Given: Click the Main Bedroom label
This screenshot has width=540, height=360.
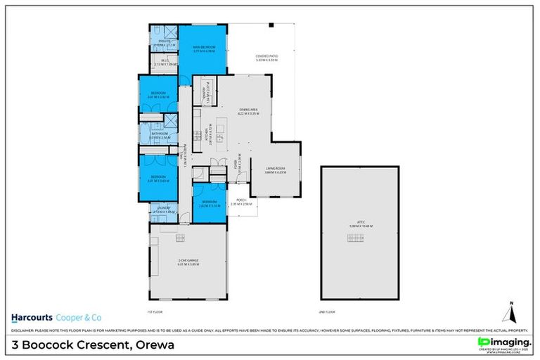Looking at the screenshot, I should pos(203,49).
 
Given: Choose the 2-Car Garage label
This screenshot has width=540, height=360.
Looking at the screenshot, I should pos(188,262).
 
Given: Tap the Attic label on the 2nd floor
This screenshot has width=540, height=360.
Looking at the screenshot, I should pos(361,224).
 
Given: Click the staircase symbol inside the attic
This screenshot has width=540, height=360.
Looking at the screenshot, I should pos(356,238).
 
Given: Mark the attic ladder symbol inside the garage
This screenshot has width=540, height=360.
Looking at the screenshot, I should pos(179,237).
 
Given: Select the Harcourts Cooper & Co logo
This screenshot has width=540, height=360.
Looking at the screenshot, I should pos(52,316).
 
